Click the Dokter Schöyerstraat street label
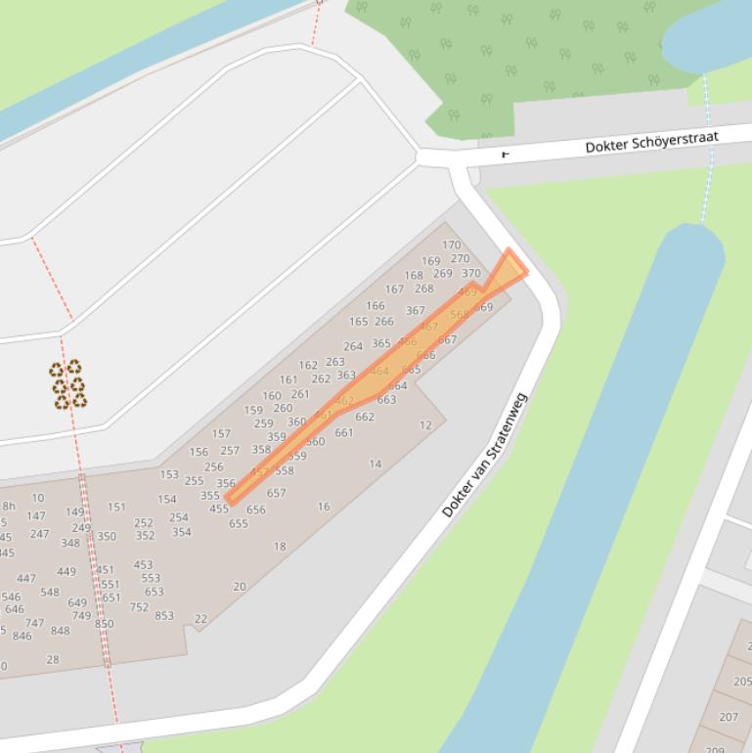(x=651, y=143)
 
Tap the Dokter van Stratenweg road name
(x=484, y=455)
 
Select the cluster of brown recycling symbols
(x=67, y=383)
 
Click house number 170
(x=451, y=245)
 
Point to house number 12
(x=425, y=425)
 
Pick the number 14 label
(x=376, y=465)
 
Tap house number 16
(x=324, y=507)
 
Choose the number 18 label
(x=280, y=547)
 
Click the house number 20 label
(x=240, y=587)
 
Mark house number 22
(x=201, y=619)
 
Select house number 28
(x=53, y=659)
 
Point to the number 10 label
(x=37, y=498)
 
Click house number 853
(x=164, y=615)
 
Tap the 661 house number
(x=343, y=433)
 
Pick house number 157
(x=221, y=433)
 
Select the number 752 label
(x=139, y=606)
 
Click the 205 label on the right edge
(x=742, y=682)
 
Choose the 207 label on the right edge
(x=729, y=717)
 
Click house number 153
(x=169, y=474)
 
